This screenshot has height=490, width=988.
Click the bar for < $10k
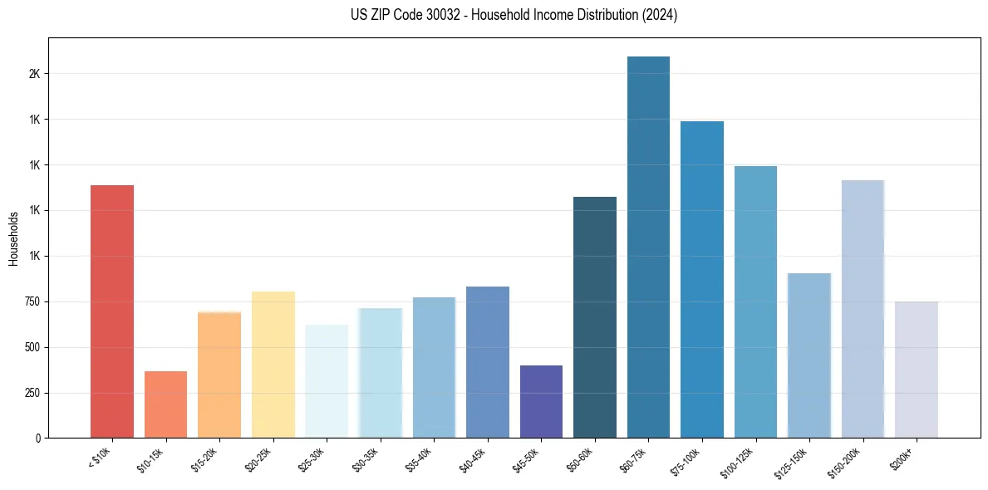pos(112,311)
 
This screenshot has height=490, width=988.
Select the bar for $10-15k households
pos(165,404)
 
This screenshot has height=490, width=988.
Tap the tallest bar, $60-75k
pos(648,247)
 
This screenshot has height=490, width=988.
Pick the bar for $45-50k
pos(541,401)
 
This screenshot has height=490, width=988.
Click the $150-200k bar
pos(863,309)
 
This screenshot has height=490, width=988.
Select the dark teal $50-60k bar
pos(595,317)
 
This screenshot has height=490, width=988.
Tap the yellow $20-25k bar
pos(273,365)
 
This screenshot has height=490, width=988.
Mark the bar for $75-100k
pos(702,279)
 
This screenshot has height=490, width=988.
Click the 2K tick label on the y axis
pos(34,74)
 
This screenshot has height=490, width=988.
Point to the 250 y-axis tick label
pos(31,393)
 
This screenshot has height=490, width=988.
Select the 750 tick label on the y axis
pos(31,301)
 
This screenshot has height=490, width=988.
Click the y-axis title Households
pos(13,238)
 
